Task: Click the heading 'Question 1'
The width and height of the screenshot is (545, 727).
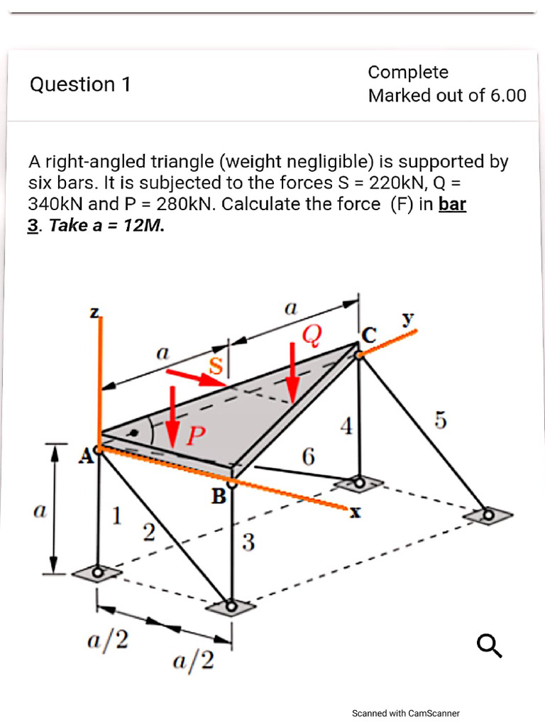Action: click(80, 84)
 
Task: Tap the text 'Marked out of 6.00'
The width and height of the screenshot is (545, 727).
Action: click(447, 96)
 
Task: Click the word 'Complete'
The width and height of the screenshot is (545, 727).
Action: click(408, 72)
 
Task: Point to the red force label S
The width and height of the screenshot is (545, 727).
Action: click(214, 366)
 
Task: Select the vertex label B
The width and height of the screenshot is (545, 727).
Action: click(218, 495)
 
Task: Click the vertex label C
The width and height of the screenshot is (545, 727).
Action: click(369, 334)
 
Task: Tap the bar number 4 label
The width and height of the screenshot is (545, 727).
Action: click(346, 427)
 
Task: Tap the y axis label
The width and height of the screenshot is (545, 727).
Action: click(409, 320)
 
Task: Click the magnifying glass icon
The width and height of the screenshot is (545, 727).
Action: click(490, 645)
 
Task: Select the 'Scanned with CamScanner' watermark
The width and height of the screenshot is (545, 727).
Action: click(406, 713)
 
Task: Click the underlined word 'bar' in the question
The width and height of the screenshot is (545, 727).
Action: click(452, 204)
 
